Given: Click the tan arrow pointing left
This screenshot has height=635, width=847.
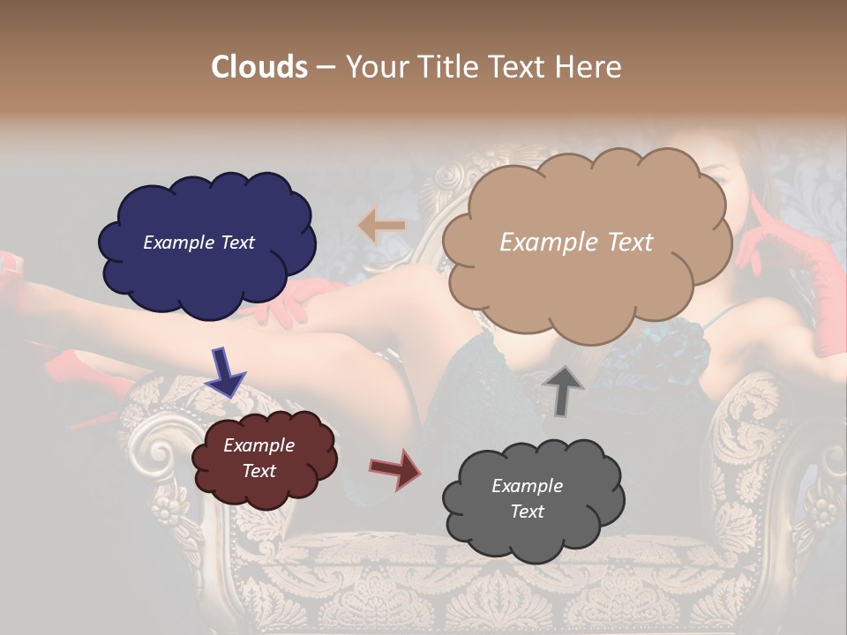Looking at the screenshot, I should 382,227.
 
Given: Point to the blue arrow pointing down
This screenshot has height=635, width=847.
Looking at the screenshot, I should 225,371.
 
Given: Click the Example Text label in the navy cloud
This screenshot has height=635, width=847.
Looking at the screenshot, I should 199,243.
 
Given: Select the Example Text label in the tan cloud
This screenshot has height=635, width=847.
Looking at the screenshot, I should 576,243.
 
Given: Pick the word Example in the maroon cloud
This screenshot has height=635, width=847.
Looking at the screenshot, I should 259,445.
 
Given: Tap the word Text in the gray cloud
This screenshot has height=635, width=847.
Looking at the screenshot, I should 527,512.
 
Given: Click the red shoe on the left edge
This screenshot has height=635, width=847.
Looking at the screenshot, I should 75,366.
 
